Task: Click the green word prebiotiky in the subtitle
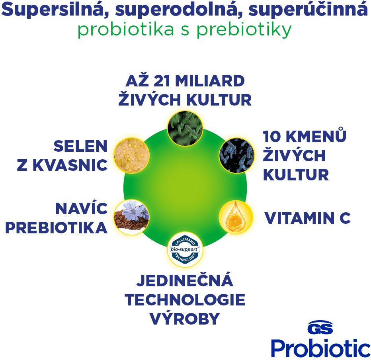point(244,30)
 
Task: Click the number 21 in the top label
point(162,81)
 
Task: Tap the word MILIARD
point(210,81)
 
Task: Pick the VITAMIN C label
point(307,218)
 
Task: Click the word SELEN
point(80,146)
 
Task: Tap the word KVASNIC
point(70,165)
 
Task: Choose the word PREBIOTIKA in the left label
point(56,228)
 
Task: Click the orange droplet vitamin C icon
point(236,217)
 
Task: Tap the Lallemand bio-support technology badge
point(185,249)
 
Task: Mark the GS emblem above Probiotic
point(320,327)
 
